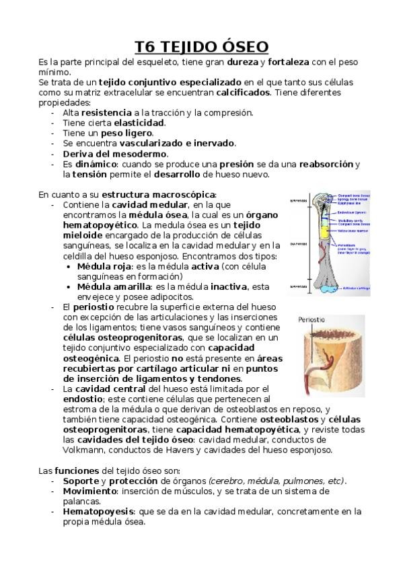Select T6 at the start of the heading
point(146,46)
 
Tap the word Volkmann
point(84,450)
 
